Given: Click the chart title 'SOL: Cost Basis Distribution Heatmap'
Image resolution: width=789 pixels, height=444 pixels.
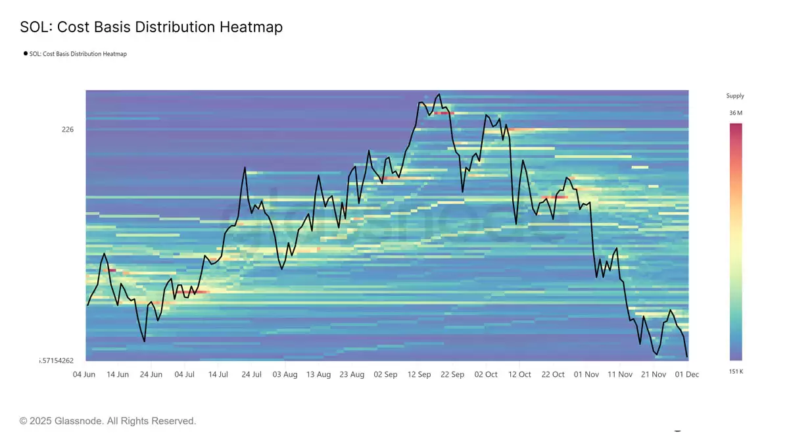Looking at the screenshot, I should pos(151,28).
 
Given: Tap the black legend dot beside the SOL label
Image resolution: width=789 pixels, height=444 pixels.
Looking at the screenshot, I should pos(26,54).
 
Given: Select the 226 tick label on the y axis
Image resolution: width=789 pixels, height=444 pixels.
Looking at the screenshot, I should pos(68,130).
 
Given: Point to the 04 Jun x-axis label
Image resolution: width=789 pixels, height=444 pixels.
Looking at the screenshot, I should pos(85,374).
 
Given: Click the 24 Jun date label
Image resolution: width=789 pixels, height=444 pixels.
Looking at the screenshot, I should pos(151,374).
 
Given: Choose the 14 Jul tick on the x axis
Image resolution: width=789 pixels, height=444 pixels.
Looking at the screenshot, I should pos(218,374).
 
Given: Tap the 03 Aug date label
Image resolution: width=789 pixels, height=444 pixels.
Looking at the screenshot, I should pos(285,374).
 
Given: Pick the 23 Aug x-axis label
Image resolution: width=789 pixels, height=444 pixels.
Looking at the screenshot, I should pos(352,374).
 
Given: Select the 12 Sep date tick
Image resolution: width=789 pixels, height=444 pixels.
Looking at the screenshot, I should pos(419,374).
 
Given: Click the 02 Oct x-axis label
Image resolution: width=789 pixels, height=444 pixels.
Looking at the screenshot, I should pos(486,374).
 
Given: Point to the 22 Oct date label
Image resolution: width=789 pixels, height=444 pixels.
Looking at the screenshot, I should pos(553,374).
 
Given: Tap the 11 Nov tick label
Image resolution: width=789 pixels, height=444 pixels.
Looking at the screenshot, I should pos(620,374).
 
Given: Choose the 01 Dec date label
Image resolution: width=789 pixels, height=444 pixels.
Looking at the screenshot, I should pos(686,374).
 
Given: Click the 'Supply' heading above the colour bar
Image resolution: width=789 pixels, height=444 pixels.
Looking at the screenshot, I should pos(735,96).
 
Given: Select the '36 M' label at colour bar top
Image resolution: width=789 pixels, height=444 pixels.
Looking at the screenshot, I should pos(736,113).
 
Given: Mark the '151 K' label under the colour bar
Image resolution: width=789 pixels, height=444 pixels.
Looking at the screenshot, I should pos(736,372).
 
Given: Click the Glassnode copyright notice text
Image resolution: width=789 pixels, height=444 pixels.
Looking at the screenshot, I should pos(108,421).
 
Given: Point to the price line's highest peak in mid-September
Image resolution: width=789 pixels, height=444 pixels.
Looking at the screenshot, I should pos(439,94).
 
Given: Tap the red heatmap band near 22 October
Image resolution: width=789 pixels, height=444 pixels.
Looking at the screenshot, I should pos(554,197).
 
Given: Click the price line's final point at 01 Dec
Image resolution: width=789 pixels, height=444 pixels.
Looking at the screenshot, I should pos(687,357).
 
